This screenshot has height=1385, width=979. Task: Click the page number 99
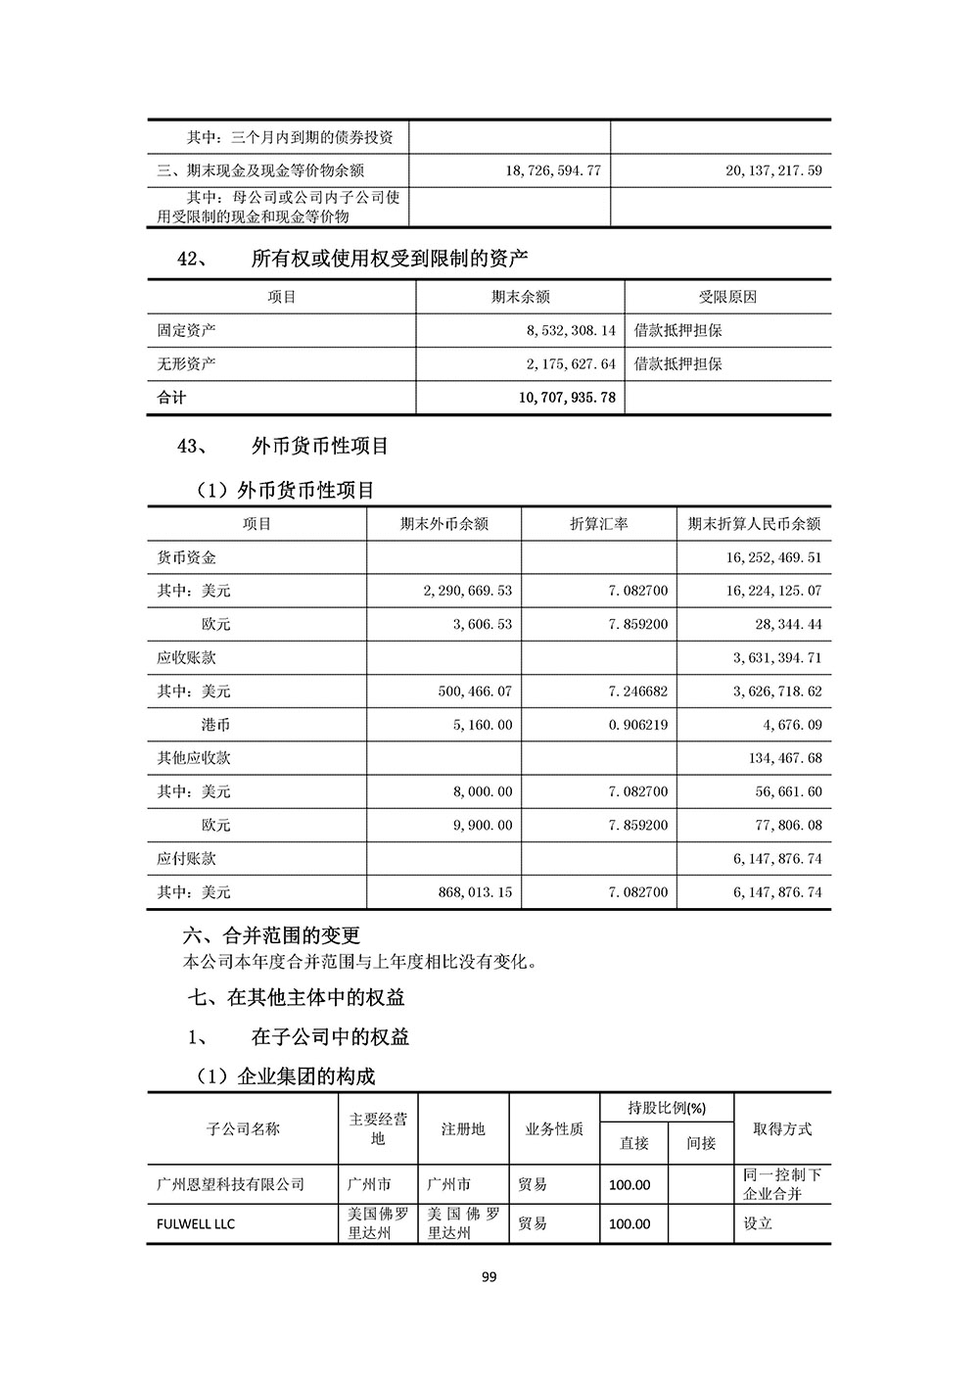click(x=489, y=1276)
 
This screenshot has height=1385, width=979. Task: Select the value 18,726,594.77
click(x=553, y=170)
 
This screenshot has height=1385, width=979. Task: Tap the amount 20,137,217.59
click(x=773, y=170)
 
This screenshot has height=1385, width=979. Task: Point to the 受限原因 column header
click(x=727, y=297)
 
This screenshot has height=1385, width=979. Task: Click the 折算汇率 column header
click(x=598, y=524)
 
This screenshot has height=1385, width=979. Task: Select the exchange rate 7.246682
click(x=638, y=692)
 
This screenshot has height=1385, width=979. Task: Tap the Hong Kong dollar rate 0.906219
click(x=638, y=725)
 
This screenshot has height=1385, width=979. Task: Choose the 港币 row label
click(x=215, y=725)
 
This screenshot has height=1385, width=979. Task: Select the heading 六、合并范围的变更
click(x=271, y=935)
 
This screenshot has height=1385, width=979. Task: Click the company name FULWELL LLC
click(x=196, y=1224)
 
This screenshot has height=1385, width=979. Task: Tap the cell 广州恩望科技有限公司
click(x=231, y=1184)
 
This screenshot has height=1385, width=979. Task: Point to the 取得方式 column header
click(x=782, y=1129)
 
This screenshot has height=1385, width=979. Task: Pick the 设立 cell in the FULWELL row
click(x=758, y=1224)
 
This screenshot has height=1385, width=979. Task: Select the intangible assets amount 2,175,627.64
click(x=571, y=364)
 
